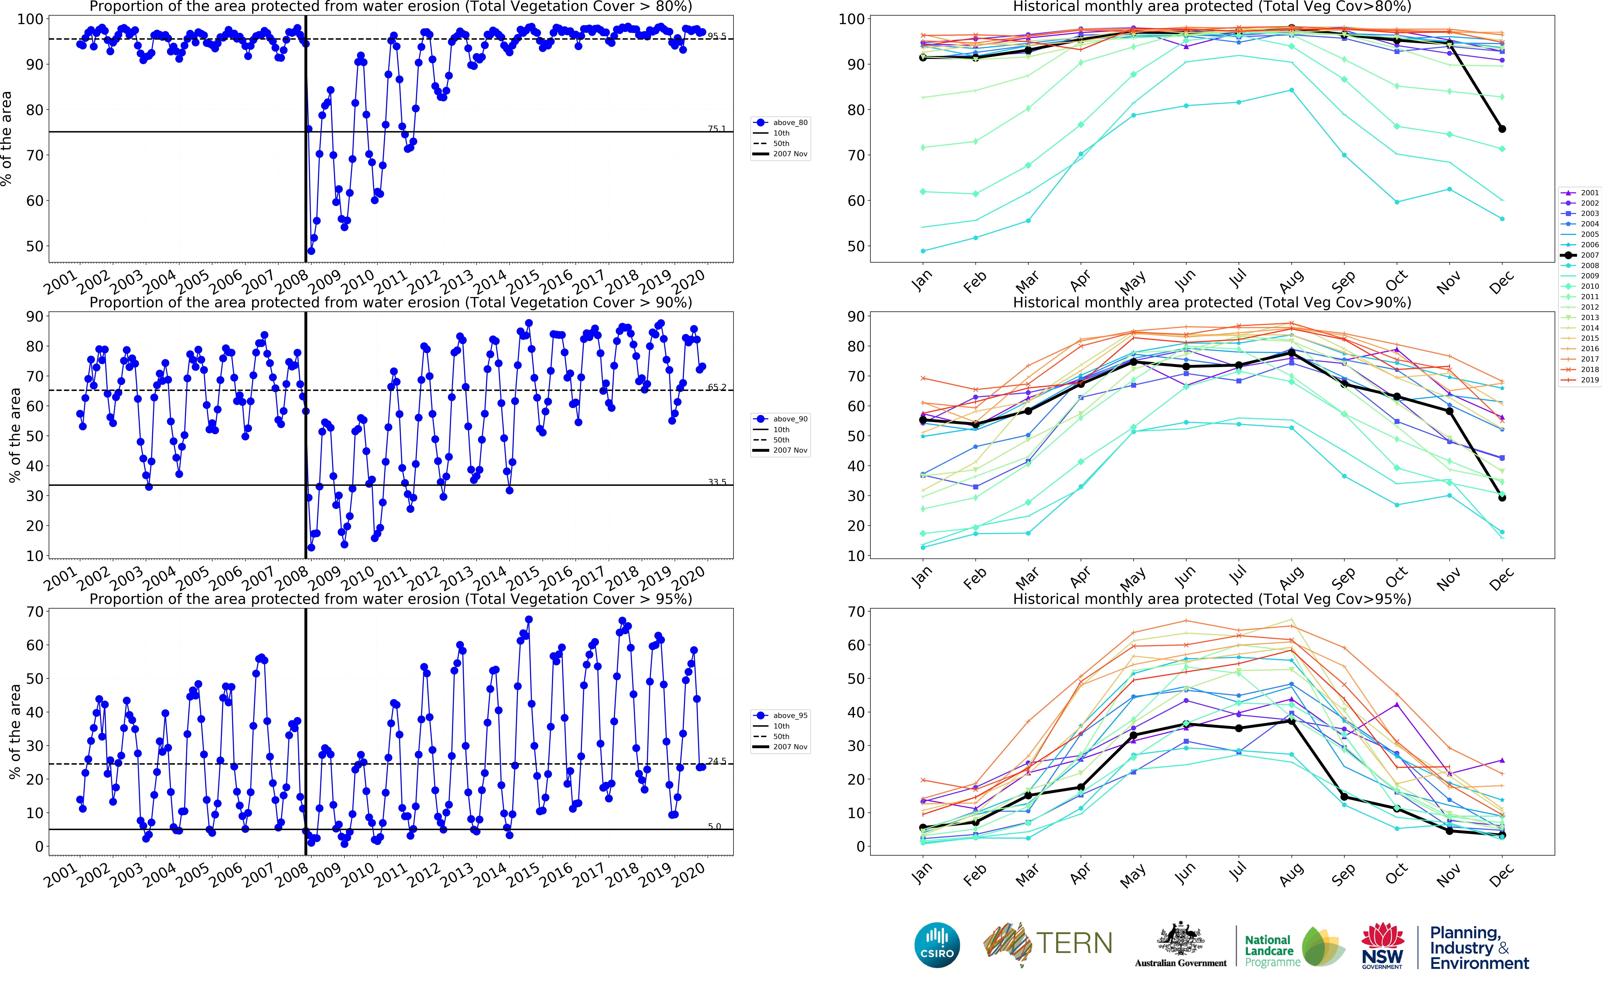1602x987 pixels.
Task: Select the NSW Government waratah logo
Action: (1382, 945)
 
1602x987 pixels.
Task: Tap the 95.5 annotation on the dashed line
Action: (716, 36)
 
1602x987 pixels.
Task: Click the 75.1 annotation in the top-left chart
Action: (716, 129)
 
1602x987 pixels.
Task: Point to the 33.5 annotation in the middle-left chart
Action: (716, 482)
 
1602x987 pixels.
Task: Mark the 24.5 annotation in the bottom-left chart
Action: (716, 761)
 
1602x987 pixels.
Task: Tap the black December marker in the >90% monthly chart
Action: (1502, 497)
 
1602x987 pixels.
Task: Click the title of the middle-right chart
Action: (1212, 302)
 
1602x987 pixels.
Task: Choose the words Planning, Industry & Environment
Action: (1479, 948)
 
